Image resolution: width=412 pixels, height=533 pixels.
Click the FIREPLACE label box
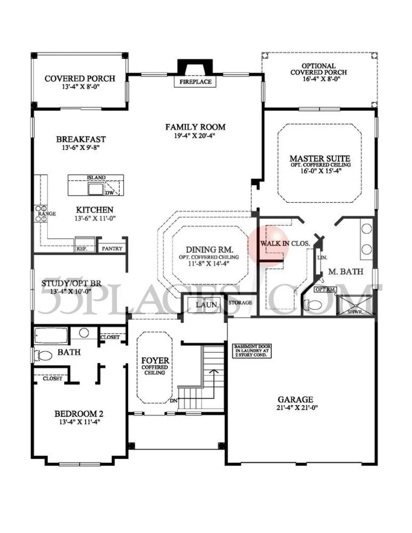tap(195, 82)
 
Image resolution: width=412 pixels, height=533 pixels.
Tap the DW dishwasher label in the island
tap(110, 193)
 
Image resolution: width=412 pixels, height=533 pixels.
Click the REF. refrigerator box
tap(80, 249)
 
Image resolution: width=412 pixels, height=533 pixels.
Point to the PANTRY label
tap(112, 249)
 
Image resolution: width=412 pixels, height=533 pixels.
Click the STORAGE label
tap(240, 303)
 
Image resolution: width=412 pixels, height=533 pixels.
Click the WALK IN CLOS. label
tap(285, 243)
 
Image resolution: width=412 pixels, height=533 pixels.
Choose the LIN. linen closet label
tap(322, 257)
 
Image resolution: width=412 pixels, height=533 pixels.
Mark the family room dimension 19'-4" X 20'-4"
tap(195, 136)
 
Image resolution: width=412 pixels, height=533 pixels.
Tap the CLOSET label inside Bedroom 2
tap(52, 378)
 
